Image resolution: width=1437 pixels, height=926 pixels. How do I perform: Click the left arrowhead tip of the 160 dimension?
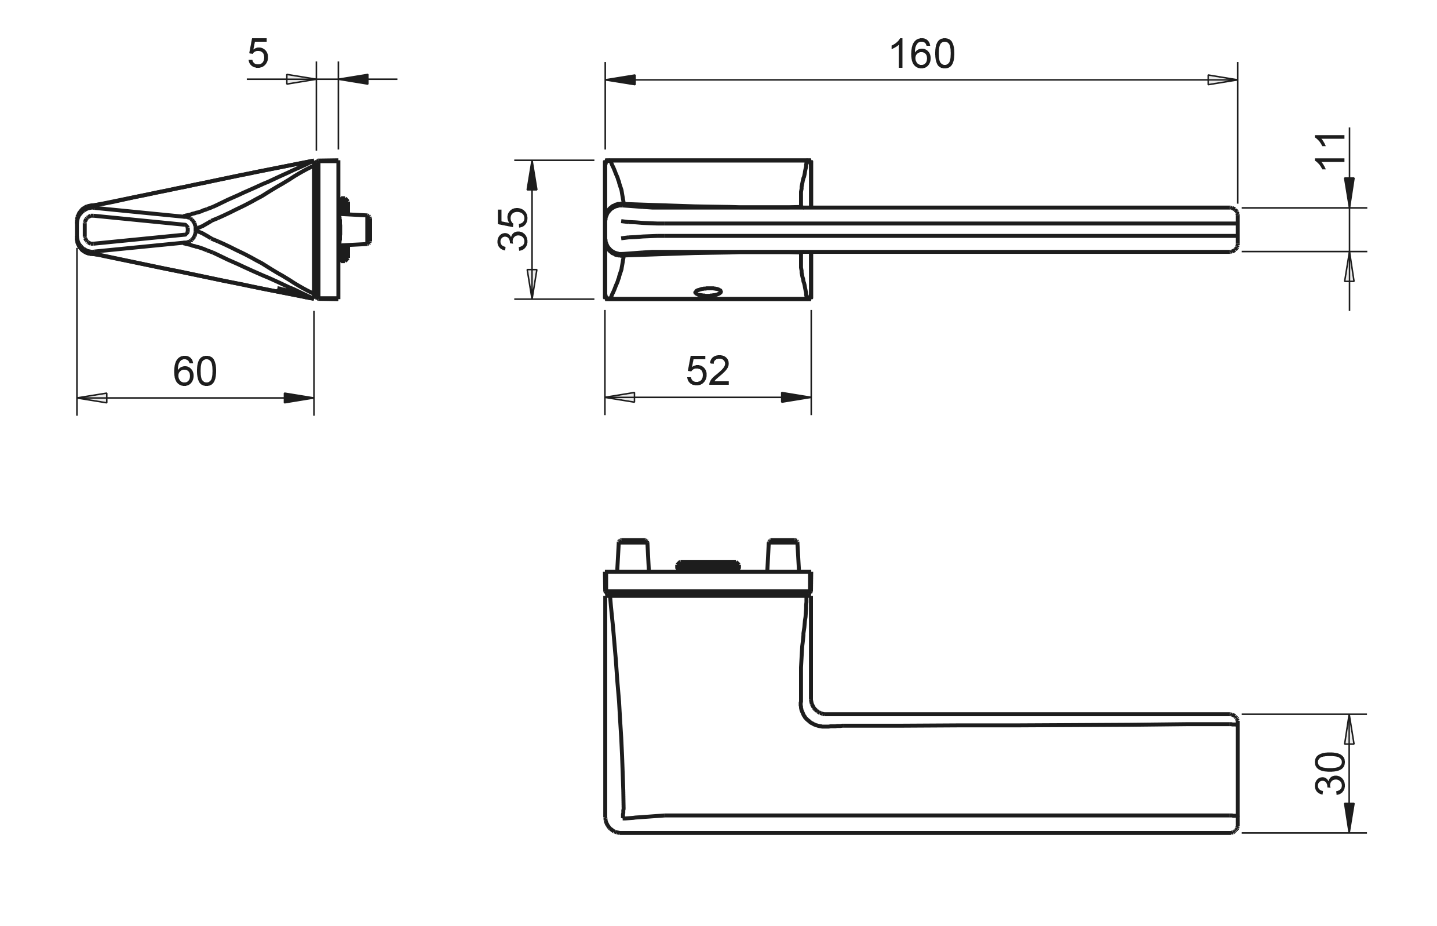[x=606, y=79]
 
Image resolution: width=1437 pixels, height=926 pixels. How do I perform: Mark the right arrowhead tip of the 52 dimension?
[x=811, y=397]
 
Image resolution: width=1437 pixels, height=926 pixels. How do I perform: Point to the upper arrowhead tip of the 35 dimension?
[x=531, y=161]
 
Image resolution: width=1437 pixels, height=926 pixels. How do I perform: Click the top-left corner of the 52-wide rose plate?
[x=606, y=161]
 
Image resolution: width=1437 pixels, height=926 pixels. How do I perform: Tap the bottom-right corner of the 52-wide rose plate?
[x=812, y=299]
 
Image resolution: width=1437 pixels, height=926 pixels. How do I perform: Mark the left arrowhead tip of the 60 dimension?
[x=77, y=398]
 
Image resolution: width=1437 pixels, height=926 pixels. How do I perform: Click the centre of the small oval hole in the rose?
[x=707, y=292]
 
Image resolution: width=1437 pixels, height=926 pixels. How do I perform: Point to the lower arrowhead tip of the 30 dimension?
[x=1350, y=833]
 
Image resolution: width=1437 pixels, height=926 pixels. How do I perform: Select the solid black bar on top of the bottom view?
[x=707, y=565]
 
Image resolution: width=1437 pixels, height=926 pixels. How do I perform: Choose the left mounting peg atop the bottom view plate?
[x=633, y=555]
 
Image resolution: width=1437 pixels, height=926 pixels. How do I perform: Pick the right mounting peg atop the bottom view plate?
[x=783, y=555]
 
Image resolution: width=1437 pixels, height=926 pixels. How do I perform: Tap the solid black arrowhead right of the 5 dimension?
[x=353, y=79]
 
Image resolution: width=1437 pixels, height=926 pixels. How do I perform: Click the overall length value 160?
[x=922, y=54]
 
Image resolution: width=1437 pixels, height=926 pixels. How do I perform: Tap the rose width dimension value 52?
[x=708, y=371]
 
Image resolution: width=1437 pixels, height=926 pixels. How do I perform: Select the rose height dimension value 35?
[x=512, y=229]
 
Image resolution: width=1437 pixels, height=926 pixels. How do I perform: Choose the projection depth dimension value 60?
[x=195, y=371]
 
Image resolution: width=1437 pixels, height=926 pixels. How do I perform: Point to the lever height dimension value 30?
[x=1330, y=773]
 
